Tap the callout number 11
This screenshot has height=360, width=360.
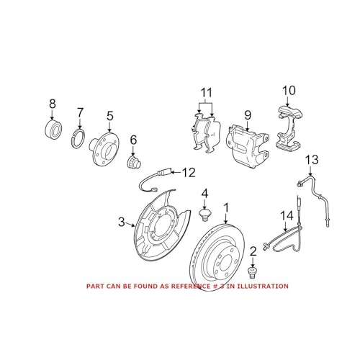[x=207, y=93]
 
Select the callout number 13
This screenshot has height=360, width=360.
[x=311, y=159]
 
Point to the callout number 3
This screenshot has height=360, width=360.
[x=121, y=222]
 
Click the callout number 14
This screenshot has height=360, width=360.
[x=287, y=215]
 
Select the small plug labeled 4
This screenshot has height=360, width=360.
[x=204, y=214]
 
